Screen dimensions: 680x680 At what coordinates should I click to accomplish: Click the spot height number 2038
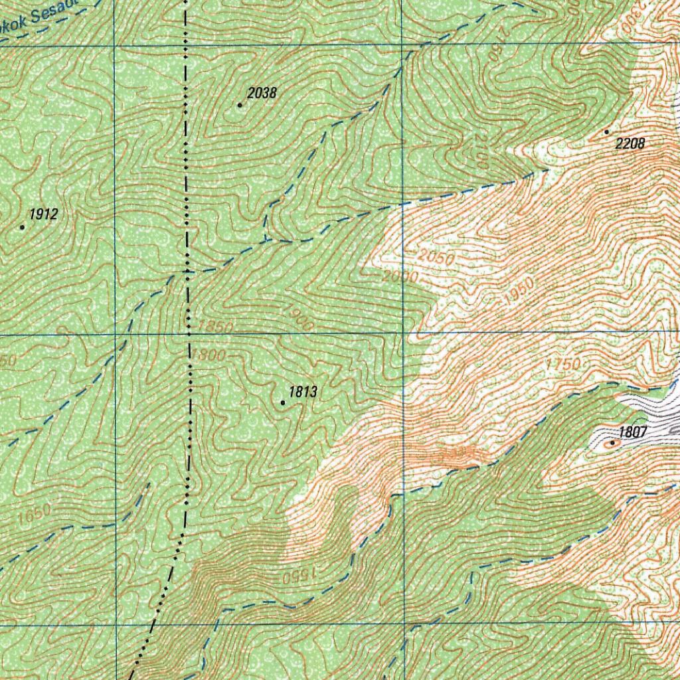[x=262, y=93]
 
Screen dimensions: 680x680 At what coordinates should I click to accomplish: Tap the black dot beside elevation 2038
[x=240, y=105]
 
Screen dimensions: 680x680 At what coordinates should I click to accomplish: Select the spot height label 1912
[x=43, y=214]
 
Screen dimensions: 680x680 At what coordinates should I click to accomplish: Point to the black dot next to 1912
[x=22, y=227]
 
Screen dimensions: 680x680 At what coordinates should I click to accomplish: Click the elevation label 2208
[x=630, y=143]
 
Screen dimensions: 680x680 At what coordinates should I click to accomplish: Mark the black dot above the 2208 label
[x=606, y=132]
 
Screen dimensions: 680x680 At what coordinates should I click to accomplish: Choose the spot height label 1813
[x=303, y=392]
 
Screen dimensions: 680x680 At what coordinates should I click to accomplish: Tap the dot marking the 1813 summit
[x=283, y=402]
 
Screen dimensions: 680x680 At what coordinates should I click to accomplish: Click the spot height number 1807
[x=633, y=432]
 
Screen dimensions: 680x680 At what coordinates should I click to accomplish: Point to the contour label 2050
[x=436, y=257]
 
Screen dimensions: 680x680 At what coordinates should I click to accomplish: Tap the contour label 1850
[x=216, y=327]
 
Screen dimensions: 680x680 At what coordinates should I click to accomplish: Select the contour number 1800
[x=209, y=355]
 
